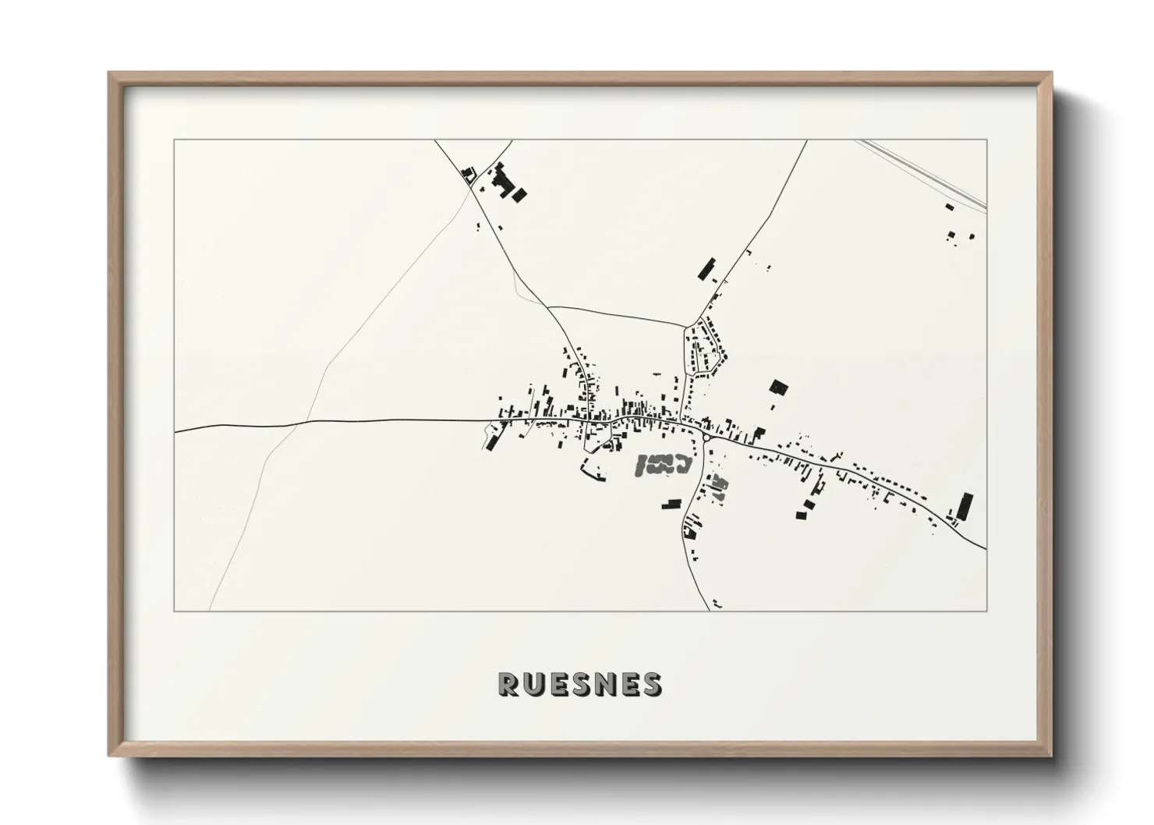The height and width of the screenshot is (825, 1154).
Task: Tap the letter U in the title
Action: tap(533, 684)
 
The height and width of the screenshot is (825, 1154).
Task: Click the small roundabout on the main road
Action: tap(706, 438)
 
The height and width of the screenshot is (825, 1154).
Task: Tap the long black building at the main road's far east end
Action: tap(966, 507)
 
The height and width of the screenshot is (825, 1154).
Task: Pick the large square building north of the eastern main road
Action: tap(778, 388)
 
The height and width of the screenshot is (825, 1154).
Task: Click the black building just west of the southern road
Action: tap(671, 505)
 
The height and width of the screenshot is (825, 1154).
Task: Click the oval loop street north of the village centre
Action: tap(704, 347)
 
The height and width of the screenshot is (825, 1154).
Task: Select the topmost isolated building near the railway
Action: tap(949, 207)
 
